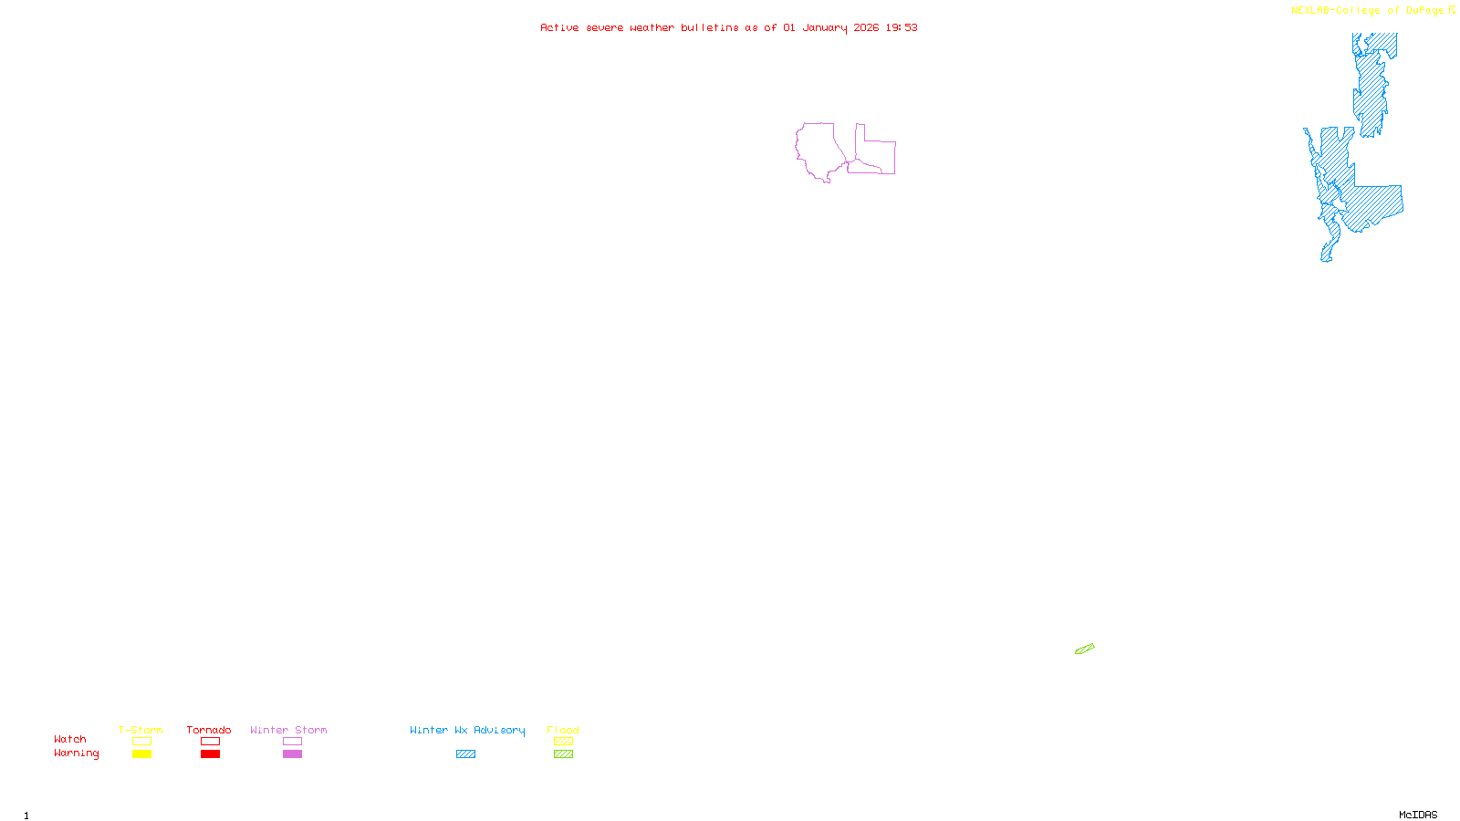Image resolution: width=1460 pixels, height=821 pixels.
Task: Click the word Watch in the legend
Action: point(70,739)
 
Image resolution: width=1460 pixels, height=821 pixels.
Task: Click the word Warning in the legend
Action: point(76,753)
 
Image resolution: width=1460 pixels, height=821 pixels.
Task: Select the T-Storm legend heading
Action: point(141,730)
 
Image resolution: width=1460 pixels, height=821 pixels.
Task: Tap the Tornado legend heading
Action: point(209,730)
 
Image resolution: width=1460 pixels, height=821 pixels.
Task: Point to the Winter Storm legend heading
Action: point(288,730)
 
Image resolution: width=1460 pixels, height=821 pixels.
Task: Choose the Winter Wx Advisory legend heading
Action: point(467,730)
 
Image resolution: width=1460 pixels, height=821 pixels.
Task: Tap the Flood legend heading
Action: point(563,730)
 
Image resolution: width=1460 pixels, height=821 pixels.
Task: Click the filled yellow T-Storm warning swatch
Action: point(141,754)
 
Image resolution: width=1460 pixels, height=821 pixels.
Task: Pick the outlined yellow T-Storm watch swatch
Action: point(141,742)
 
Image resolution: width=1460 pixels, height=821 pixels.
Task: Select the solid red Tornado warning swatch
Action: point(210,754)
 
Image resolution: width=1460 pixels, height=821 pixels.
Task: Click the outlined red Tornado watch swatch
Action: point(210,742)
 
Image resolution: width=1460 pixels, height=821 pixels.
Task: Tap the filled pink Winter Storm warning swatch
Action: point(292,754)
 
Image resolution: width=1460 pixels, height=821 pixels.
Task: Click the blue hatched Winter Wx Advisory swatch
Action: point(465,754)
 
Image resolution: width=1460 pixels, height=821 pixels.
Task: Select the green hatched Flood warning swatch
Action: point(563,754)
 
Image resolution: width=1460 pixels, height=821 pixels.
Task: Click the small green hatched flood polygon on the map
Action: point(1084,650)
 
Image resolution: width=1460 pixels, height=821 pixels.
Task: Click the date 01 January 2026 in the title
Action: point(830,27)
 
